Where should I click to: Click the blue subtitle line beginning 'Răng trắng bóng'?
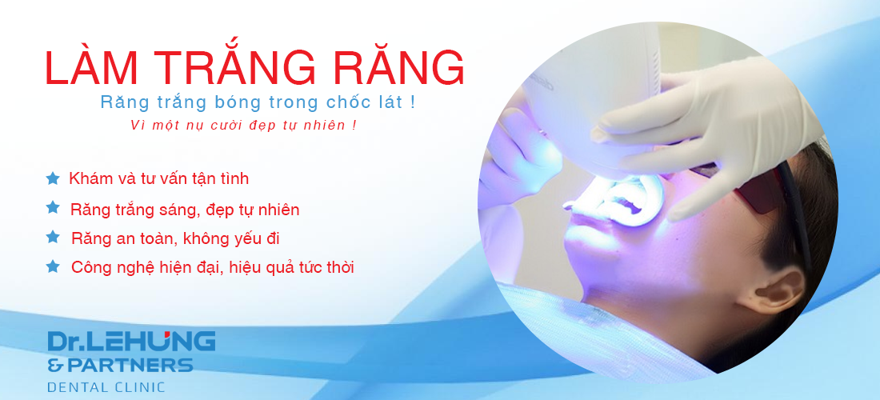point(258,102)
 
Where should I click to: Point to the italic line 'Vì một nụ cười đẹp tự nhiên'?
point(243,125)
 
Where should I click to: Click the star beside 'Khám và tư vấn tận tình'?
point(53,178)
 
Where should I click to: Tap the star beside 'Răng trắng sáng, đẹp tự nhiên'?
point(53,207)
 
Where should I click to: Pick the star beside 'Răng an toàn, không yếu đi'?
point(53,237)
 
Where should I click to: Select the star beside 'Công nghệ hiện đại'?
point(53,266)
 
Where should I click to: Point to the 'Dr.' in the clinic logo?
point(64,341)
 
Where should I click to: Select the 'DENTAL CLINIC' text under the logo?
point(106,387)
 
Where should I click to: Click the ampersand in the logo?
point(55,366)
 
